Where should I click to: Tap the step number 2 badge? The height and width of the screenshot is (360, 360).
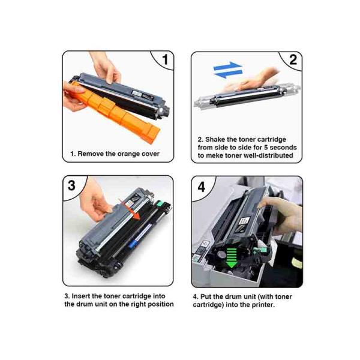point(292,60)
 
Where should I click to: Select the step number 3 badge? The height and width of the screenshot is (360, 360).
point(72,185)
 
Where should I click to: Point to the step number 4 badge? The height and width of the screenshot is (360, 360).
point(201,186)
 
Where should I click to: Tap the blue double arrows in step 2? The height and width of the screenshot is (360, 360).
point(228,70)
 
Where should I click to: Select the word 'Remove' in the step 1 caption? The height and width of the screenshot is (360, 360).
point(94,154)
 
